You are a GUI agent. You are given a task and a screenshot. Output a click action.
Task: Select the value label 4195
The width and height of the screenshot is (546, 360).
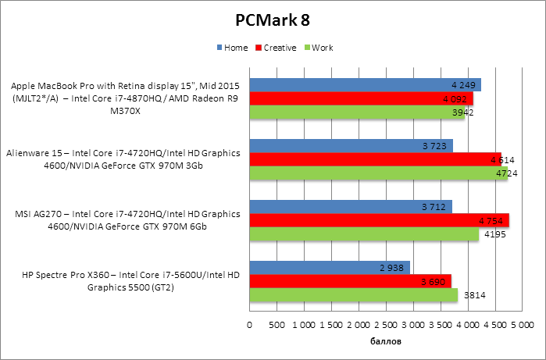(494, 234)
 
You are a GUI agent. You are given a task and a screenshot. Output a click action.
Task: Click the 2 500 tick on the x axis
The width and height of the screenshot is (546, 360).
(386, 324)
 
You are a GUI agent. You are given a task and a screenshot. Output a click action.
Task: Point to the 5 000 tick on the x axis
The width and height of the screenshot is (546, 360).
(522, 324)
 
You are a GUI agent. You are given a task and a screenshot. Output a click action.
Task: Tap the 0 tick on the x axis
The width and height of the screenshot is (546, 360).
(250, 324)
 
